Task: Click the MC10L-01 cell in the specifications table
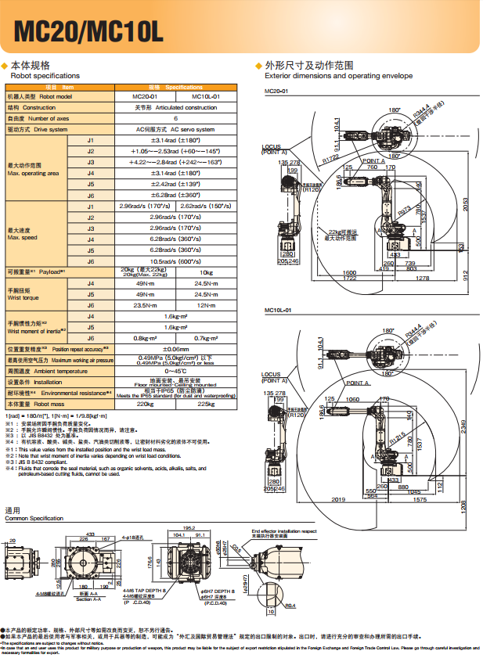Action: [205, 96]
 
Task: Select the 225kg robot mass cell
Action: [205, 405]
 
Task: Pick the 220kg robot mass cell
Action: [146, 405]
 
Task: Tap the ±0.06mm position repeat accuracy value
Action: [175, 348]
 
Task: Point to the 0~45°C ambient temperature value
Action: [175, 371]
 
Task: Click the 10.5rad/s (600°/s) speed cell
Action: [175, 261]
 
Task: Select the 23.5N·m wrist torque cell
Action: [146, 305]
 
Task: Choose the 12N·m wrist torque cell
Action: [205, 305]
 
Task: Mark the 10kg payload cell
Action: [205, 271]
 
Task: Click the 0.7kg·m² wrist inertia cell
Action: [205, 338]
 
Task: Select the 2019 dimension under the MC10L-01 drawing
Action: [338, 498]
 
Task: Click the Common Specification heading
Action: [34, 519]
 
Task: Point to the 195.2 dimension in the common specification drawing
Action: [188, 528]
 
